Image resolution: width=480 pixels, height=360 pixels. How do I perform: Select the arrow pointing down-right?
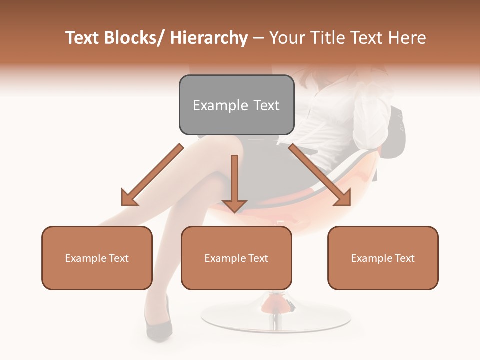click(x=320, y=175)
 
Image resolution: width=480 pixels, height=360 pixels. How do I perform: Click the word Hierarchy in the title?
click(x=208, y=38)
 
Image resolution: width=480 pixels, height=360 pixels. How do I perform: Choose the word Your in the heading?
click(x=286, y=38)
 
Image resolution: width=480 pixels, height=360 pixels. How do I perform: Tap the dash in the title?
click(x=258, y=38)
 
